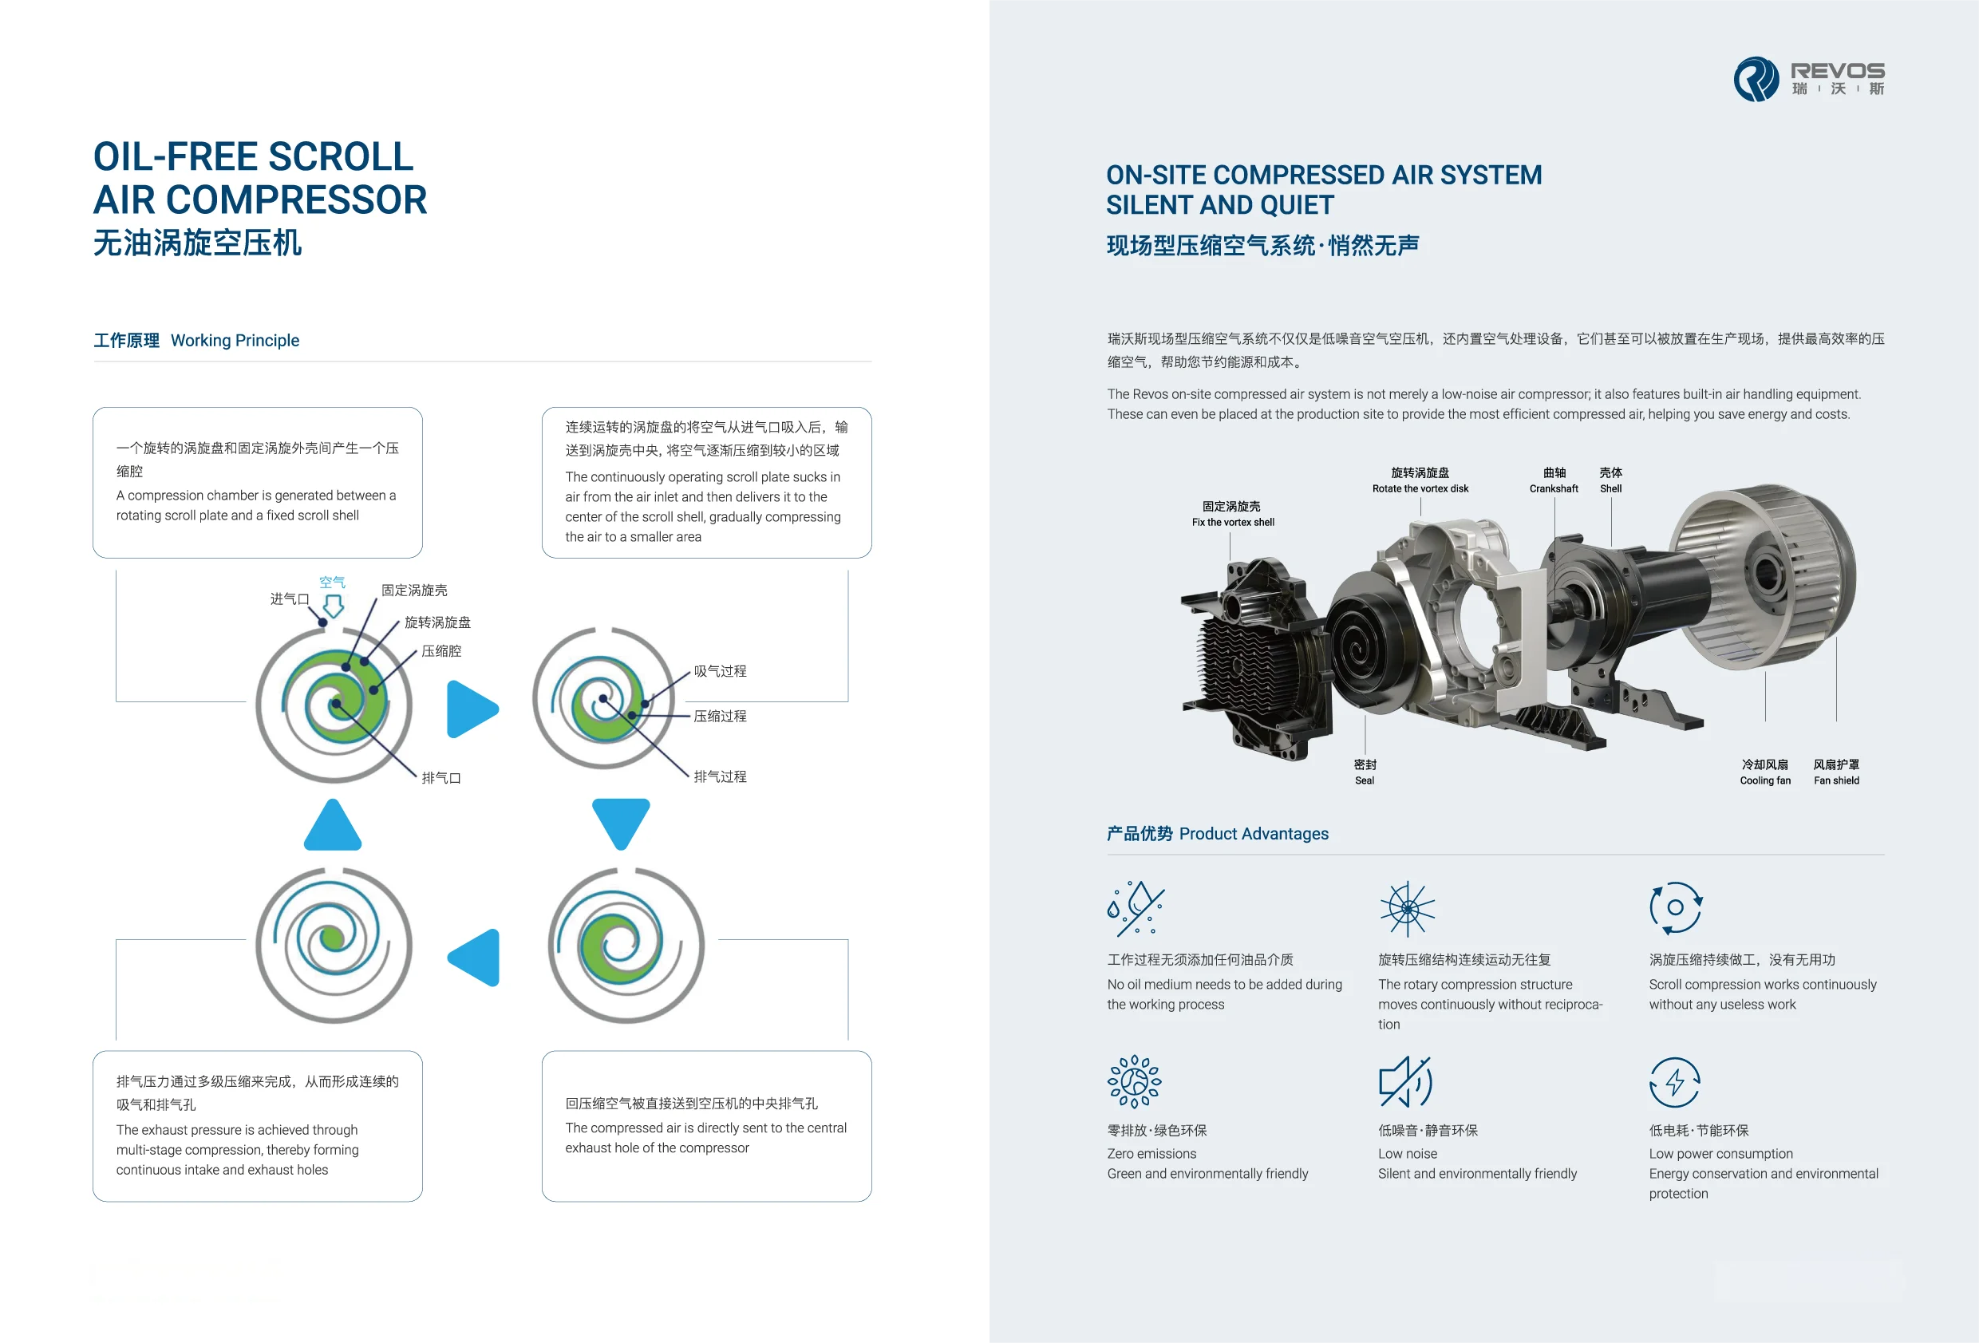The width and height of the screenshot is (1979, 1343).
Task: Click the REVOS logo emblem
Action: tap(1755, 79)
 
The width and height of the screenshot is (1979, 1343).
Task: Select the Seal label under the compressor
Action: tap(1365, 780)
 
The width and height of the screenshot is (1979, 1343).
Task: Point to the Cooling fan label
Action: tap(1764, 780)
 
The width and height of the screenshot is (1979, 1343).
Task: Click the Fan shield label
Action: tap(1836, 780)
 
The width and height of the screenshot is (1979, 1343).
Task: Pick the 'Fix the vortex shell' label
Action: tap(1232, 522)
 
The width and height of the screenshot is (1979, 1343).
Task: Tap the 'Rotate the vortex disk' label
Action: tap(1420, 489)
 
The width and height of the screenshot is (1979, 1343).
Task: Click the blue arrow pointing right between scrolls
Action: tap(471, 709)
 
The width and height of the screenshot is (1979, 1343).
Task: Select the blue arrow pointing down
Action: tap(621, 822)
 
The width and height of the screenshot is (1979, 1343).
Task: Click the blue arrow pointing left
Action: tap(475, 958)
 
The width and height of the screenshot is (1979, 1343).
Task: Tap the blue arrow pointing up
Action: tap(333, 826)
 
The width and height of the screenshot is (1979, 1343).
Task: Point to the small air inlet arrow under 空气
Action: tap(333, 606)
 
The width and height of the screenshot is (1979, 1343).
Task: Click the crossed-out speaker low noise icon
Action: tap(1405, 1081)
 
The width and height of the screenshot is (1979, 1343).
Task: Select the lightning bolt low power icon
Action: tap(1674, 1081)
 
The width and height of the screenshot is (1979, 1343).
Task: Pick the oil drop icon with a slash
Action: tap(1135, 908)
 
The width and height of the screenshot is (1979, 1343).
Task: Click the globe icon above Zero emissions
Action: tap(1134, 1081)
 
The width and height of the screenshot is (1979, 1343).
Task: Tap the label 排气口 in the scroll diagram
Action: tap(441, 777)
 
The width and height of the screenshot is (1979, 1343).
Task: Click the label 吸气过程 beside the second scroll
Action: tap(720, 671)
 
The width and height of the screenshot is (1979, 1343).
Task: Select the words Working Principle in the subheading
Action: tap(235, 341)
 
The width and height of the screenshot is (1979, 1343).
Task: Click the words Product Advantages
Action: tap(1254, 834)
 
